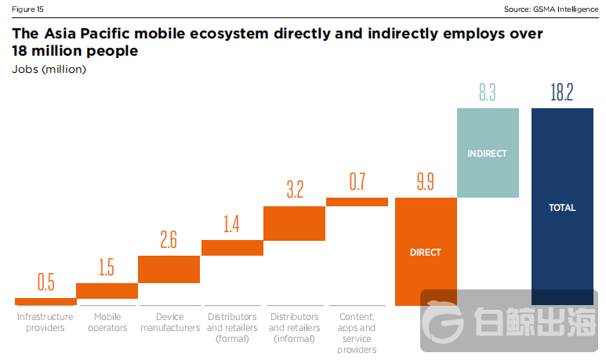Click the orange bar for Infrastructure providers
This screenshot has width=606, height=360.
pos(45,302)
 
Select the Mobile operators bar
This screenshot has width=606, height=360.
pos(107,291)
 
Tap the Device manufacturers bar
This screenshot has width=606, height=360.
pos(169,269)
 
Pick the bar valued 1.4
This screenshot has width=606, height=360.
pos(231,248)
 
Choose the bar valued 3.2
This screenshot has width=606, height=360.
pos(294,224)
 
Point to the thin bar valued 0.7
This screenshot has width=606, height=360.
pos(357,202)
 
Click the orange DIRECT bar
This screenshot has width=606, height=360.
pos(425,252)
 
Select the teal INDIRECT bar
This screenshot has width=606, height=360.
pos(487,153)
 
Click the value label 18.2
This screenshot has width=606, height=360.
pos(562,93)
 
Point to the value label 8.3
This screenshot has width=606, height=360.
pos(487,93)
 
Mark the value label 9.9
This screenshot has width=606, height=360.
pos(425,183)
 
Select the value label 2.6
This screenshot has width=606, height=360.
pos(169,240)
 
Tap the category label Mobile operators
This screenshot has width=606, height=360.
pos(107,322)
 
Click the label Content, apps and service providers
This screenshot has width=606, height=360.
pos(357,333)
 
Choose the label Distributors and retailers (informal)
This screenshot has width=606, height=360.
pos(294,328)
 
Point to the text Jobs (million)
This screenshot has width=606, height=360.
pos(49,70)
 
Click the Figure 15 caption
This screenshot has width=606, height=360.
pos(27,9)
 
